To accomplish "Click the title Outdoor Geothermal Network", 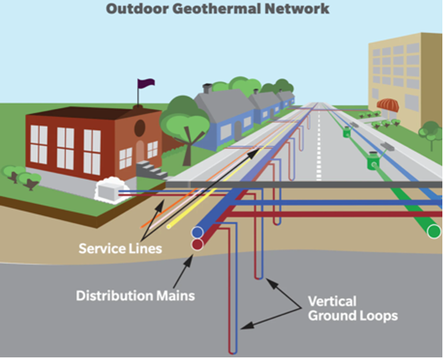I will point(217,9).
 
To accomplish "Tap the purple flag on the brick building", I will point(146,83).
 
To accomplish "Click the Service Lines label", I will point(120,248).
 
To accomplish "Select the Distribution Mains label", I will point(135,295).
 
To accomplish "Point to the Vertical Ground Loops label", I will point(353,308).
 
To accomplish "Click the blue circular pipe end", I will point(198,232).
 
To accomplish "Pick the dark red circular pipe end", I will point(198,245).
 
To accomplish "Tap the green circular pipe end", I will point(434,232).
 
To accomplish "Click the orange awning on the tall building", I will point(387,105).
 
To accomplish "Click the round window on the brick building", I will point(139,128).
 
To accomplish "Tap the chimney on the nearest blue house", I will point(207,88).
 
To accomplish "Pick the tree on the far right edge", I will point(431,131).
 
